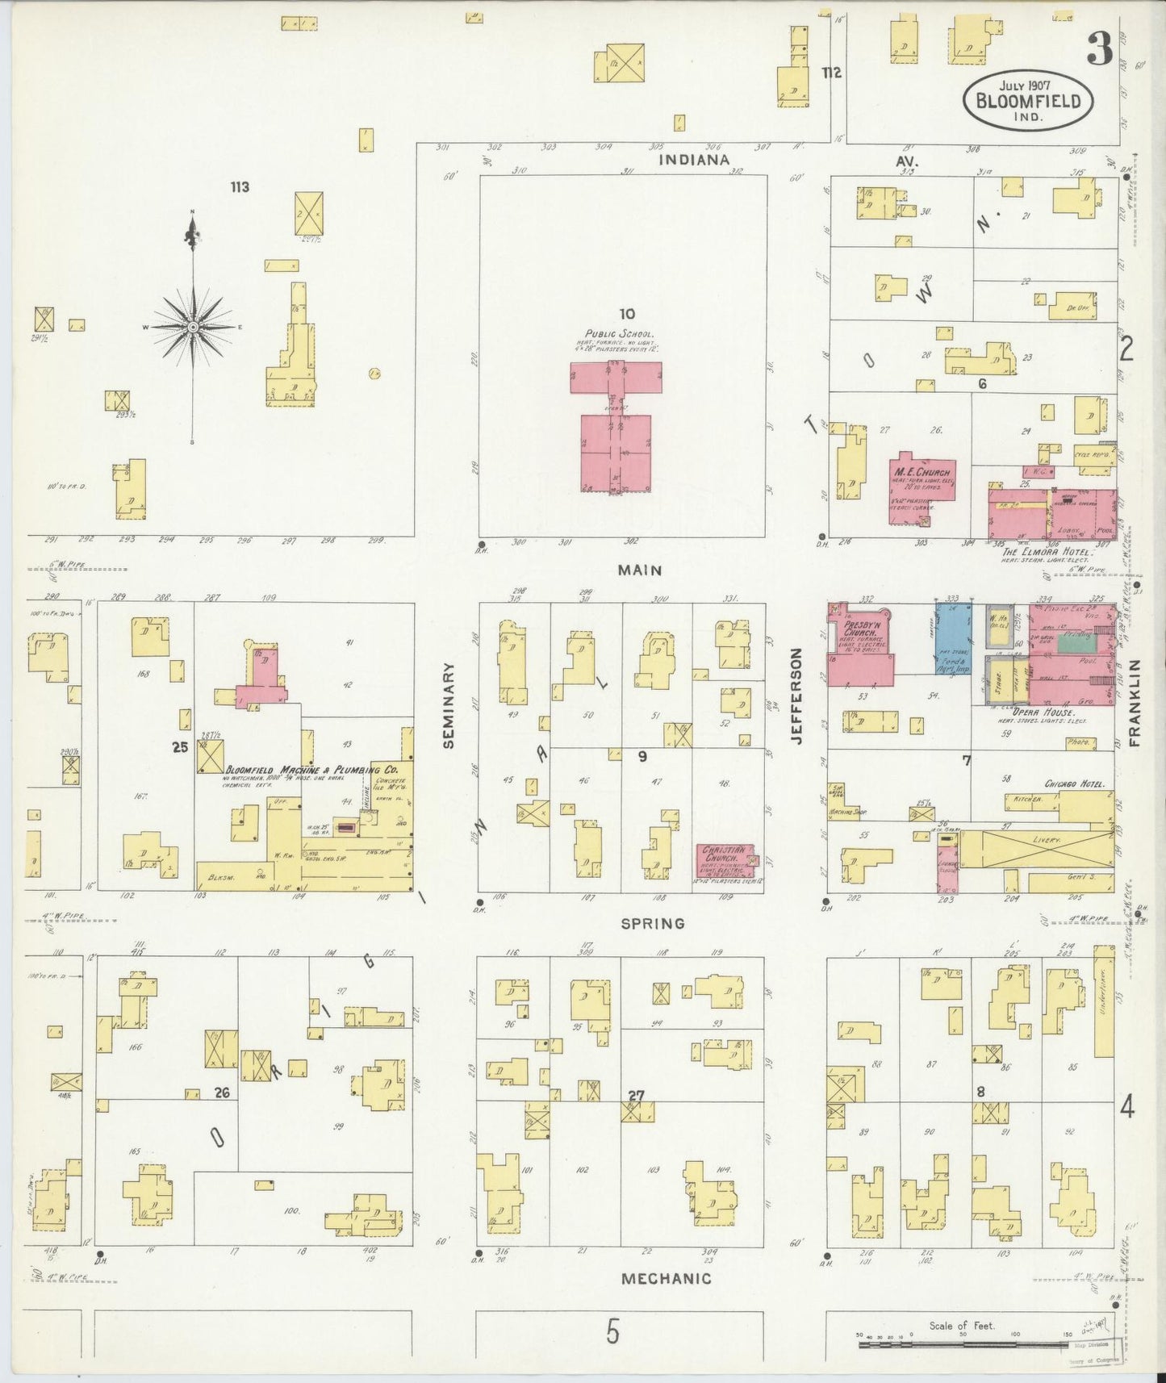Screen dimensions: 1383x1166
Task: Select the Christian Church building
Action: click(725, 861)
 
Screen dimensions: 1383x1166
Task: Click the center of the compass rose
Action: click(193, 327)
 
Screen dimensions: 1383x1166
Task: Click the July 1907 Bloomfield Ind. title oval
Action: click(1027, 100)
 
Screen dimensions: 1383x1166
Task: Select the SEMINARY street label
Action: click(449, 705)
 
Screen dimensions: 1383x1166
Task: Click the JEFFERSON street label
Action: click(797, 696)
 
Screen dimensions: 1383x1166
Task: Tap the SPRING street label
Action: click(652, 923)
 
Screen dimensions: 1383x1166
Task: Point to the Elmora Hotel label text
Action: click(1046, 551)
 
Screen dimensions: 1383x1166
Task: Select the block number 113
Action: click(239, 187)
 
